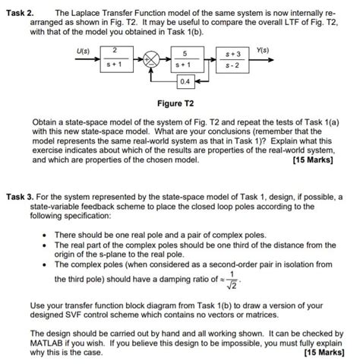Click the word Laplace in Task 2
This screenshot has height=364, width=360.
tap(96, 14)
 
